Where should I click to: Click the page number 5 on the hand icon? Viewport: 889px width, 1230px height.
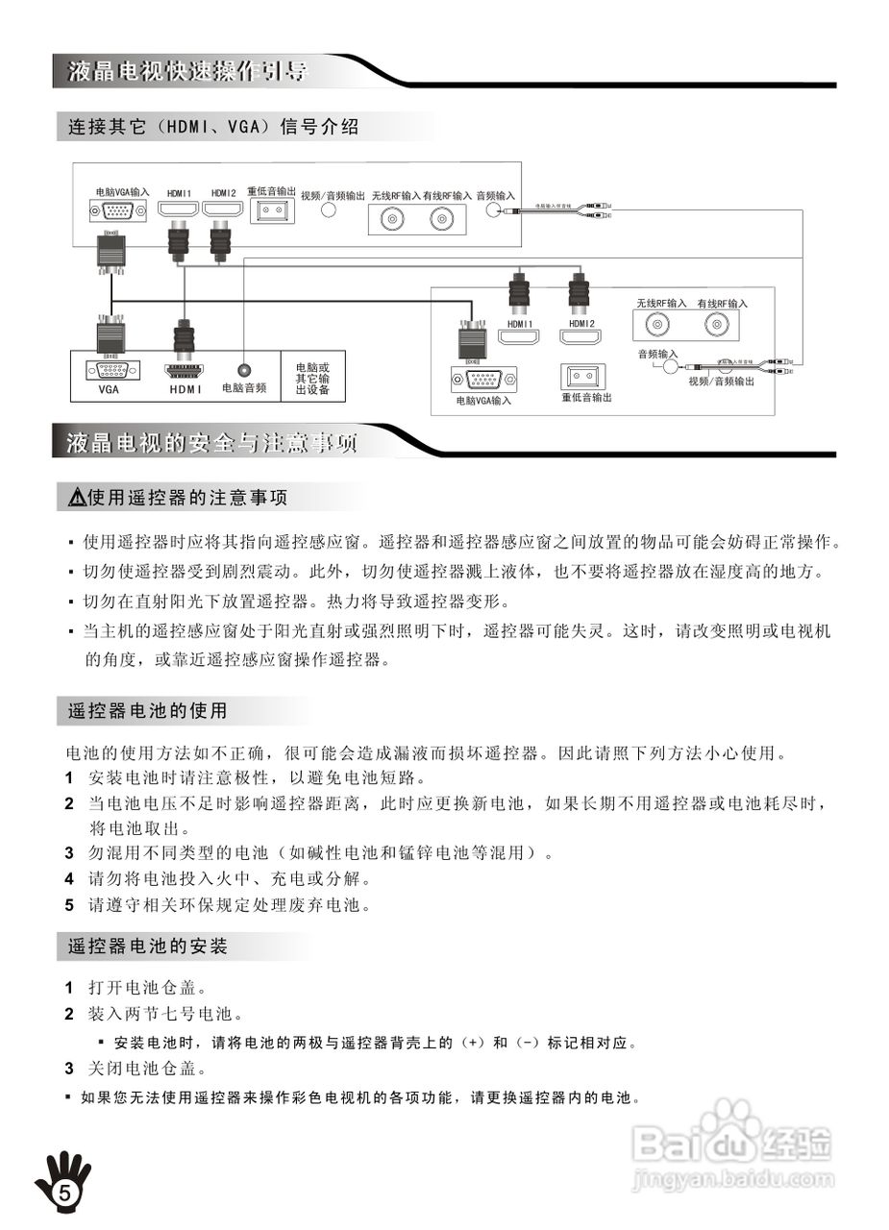click(64, 1193)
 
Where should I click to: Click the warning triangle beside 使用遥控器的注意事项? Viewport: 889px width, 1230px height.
click(77, 498)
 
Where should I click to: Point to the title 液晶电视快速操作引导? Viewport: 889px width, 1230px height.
click(186, 71)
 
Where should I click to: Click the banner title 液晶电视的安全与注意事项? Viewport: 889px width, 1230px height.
click(211, 443)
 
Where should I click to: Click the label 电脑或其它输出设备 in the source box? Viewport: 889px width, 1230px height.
click(312, 379)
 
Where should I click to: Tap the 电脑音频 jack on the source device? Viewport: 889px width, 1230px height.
click(244, 368)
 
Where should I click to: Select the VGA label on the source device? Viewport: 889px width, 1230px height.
click(108, 389)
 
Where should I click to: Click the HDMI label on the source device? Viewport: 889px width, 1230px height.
click(185, 389)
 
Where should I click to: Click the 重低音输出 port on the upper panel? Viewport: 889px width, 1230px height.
click(272, 211)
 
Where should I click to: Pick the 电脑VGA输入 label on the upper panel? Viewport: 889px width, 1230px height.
click(123, 192)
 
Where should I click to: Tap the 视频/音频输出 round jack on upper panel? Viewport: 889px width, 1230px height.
click(328, 210)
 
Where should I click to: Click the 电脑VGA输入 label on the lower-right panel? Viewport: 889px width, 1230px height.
click(483, 401)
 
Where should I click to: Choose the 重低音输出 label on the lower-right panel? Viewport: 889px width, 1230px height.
click(586, 397)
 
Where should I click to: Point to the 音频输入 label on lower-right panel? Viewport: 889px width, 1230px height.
click(657, 354)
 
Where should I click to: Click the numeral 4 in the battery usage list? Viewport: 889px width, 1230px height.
click(69, 878)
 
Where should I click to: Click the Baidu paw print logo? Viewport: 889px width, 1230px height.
click(730, 1125)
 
